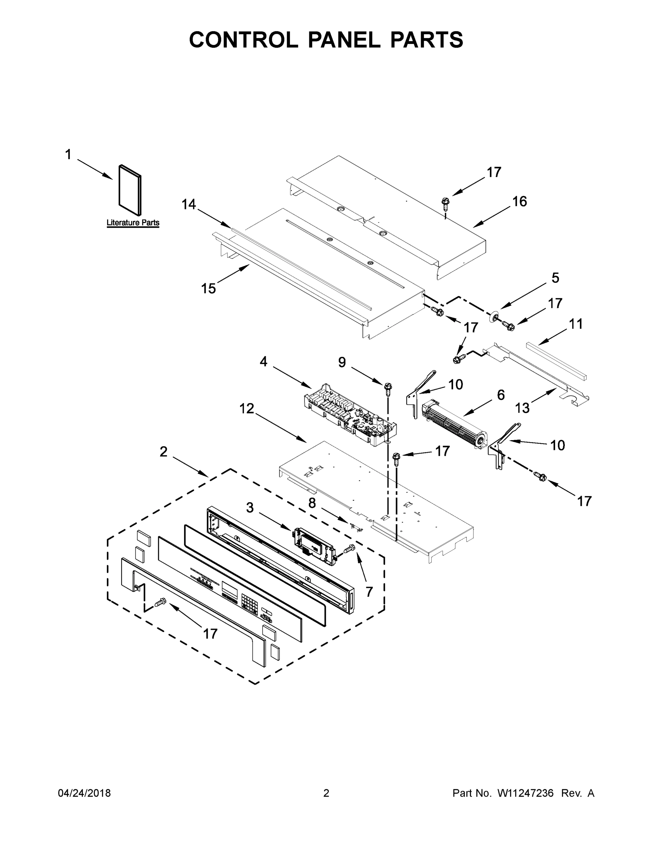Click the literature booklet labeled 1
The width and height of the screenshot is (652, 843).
coord(130,190)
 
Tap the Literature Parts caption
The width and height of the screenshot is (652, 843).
coord(133,223)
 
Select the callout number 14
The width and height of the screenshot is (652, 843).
coord(188,204)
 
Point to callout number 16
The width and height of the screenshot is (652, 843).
coord(519,202)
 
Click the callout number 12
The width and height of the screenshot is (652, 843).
coord(247,409)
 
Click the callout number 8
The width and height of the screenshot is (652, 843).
coord(312,503)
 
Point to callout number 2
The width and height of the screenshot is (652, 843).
coord(163,452)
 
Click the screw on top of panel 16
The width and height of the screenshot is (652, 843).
coord(445,203)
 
